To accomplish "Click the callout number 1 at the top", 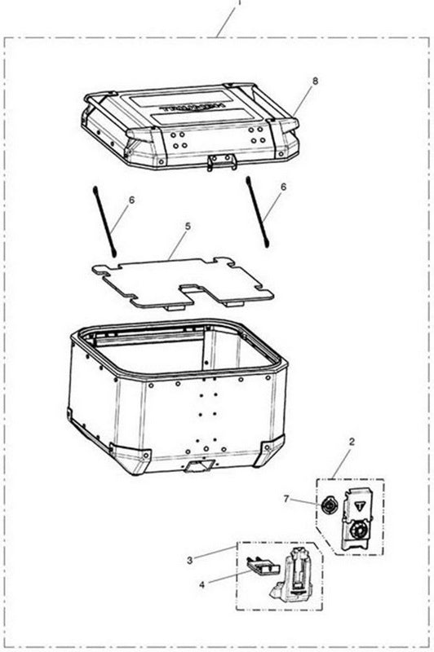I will pos(238,3).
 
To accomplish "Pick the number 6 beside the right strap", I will pos(283,187).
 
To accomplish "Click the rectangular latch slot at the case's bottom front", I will pos(199,469).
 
